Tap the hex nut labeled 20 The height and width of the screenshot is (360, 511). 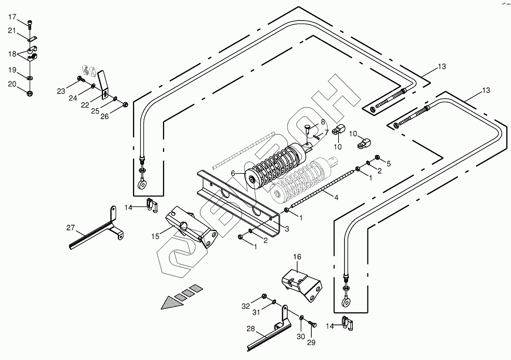30,93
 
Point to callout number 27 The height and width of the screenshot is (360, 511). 70,227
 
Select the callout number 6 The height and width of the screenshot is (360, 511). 233,173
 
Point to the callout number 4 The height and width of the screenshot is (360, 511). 336,198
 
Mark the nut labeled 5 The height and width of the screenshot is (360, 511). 378,157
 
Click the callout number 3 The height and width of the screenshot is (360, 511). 287,229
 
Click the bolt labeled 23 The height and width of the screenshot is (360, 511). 81,79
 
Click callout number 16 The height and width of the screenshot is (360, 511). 297,257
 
